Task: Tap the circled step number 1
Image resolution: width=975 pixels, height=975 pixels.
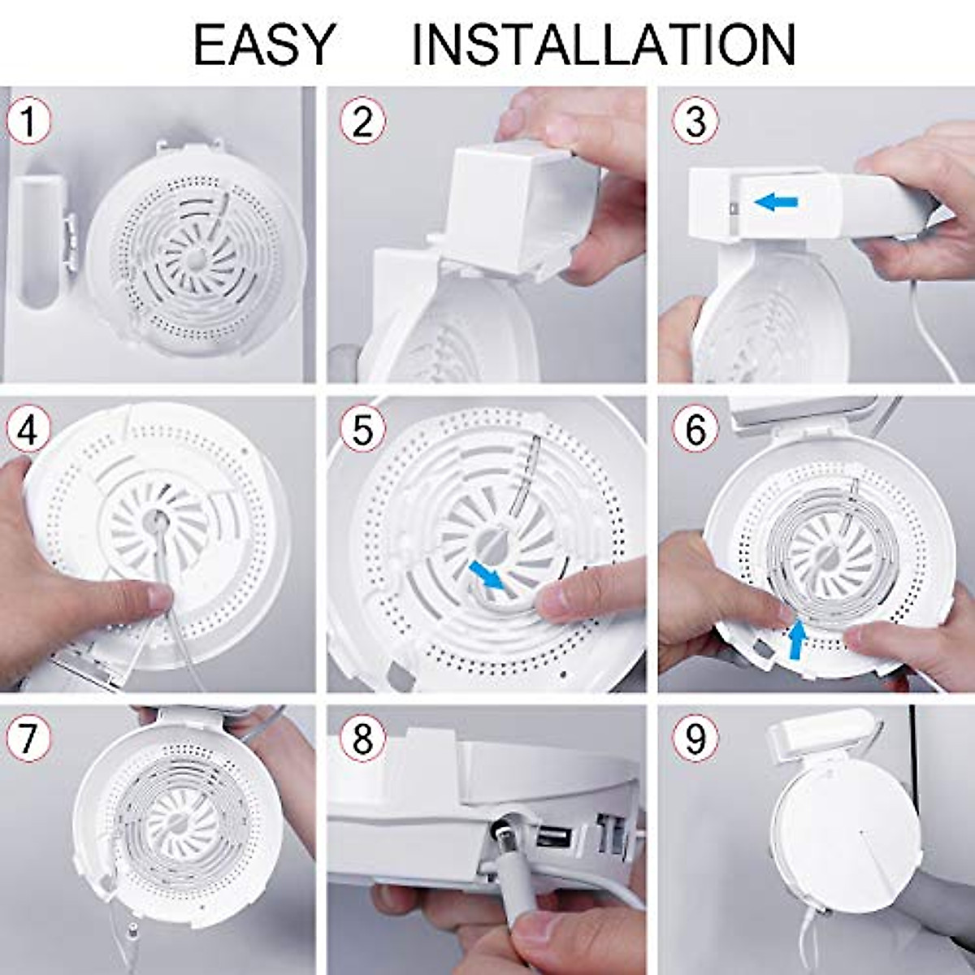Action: [x=28, y=122]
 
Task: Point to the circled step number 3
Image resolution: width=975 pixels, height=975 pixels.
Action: [x=695, y=122]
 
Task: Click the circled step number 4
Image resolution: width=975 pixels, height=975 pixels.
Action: [x=28, y=431]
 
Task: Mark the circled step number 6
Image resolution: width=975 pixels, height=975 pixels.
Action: [x=695, y=431]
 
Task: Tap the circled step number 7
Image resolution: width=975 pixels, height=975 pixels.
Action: [x=28, y=739]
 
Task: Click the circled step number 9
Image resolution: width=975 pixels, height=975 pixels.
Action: [x=695, y=739]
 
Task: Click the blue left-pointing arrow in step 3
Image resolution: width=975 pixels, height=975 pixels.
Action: [x=776, y=202]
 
